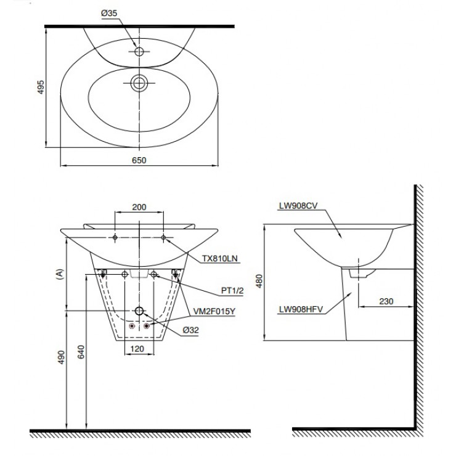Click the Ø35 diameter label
(109, 13)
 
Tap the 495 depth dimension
(41, 87)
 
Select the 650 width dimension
(139, 160)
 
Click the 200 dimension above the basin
(139, 207)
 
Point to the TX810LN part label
(220, 258)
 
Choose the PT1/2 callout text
(232, 290)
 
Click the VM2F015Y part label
(214, 311)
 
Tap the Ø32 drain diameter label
(191, 330)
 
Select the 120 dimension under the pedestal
(137, 349)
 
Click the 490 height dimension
(62, 357)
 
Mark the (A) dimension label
(59, 274)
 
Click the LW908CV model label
(298, 206)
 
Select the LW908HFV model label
(301, 309)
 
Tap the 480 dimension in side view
(259, 281)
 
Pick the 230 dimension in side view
(386, 301)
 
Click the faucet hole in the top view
(139, 52)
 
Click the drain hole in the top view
(139, 83)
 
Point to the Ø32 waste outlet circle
(139, 311)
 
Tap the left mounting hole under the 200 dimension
(115, 238)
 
